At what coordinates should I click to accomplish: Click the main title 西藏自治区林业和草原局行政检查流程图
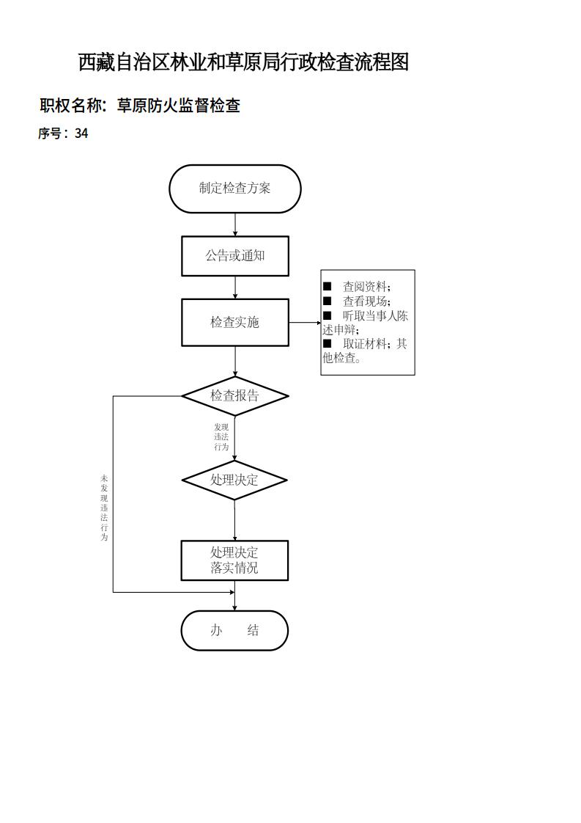coord(243,62)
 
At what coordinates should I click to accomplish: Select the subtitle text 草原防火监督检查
coord(179,106)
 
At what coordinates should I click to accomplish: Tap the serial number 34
coord(81,133)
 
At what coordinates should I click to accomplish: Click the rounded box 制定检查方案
coord(235,189)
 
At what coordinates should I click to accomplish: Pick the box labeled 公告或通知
coord(235,256)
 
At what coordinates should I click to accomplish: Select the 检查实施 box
coord(235,322)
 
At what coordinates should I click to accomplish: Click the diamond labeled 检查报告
coord(235,396)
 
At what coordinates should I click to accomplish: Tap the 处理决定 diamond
coord(234,480)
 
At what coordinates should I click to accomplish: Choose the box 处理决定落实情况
coord(234,560)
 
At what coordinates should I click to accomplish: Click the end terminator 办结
coord(234,631)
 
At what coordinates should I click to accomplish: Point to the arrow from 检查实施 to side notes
coord(304,322)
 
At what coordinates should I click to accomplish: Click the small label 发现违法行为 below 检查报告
coord(221,436)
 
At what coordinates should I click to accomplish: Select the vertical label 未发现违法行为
coord(104,508)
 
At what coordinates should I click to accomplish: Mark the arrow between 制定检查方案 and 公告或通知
coord(235,224)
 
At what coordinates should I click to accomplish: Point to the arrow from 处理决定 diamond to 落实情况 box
coord(234,520)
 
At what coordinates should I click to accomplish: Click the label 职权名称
coord(72,106)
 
